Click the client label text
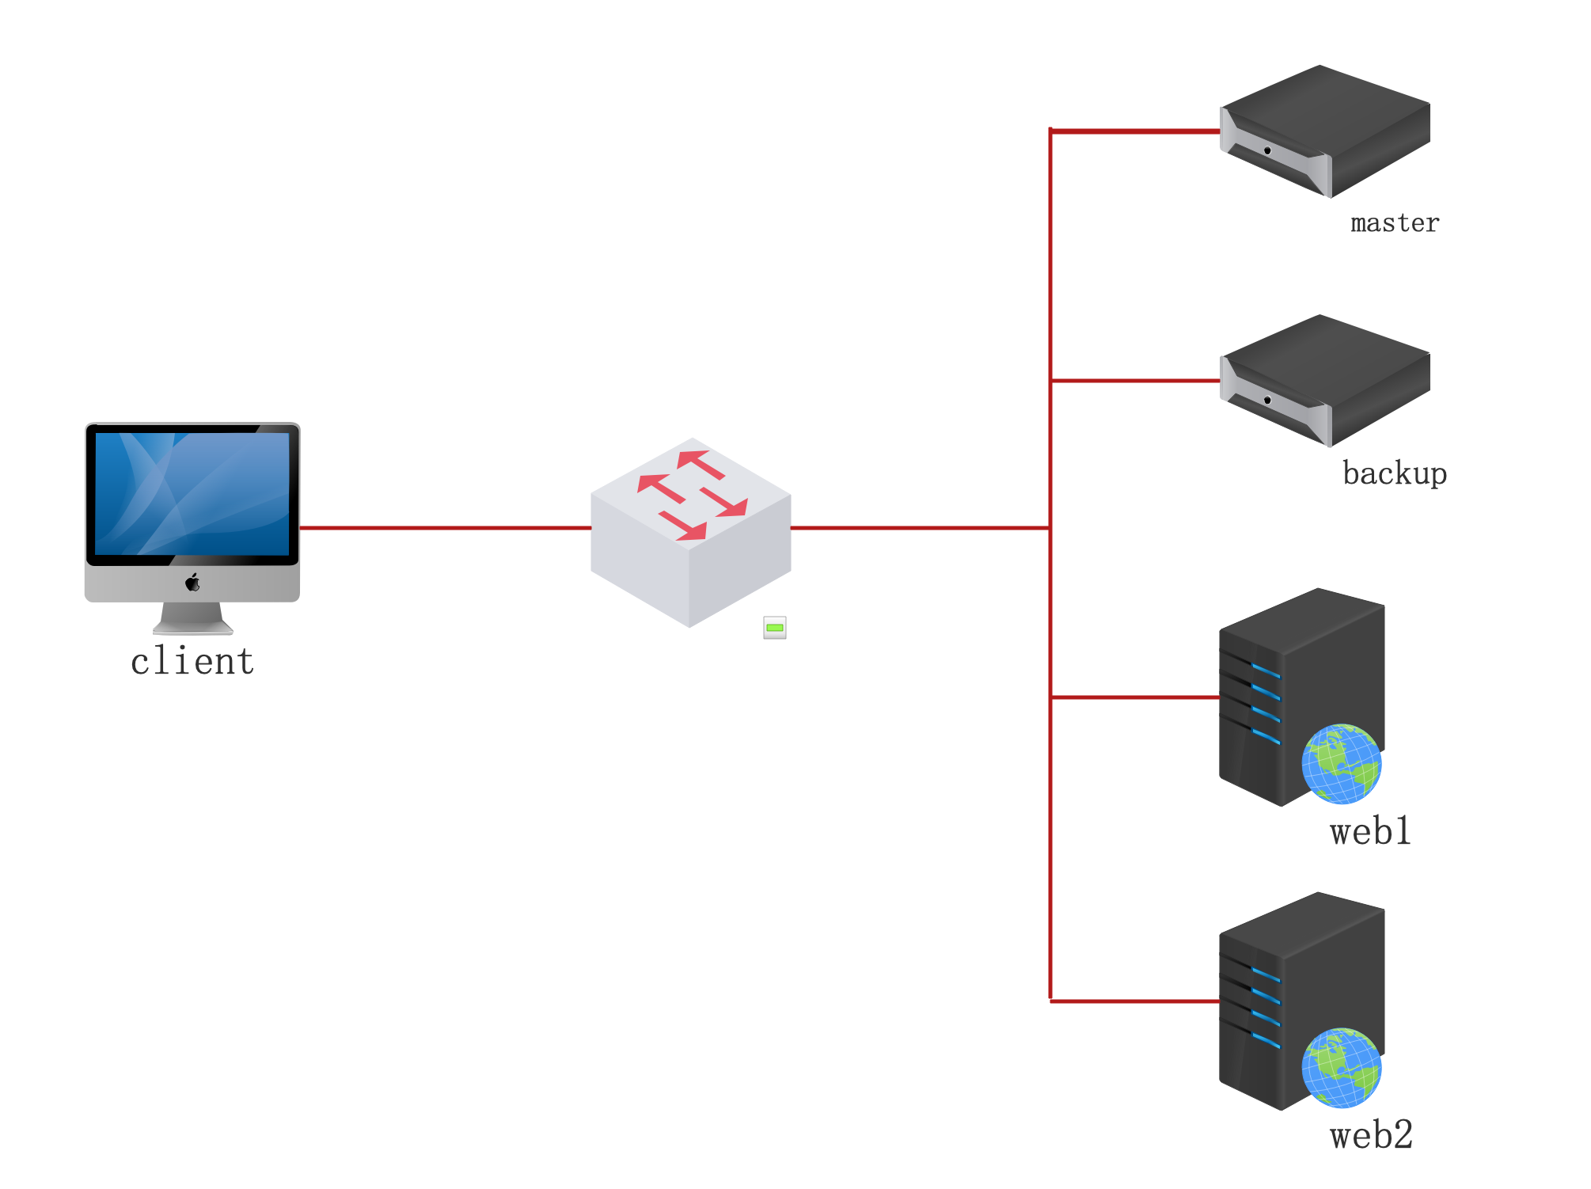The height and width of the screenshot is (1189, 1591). coord(192,662)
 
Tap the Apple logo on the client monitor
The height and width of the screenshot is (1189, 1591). coord(192,583)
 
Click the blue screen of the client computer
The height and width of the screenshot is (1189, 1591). coord(192,493)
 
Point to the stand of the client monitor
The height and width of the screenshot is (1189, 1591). coord(192,618)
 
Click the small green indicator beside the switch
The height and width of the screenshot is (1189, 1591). coord(775,628)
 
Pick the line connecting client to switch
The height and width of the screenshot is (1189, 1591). coord(445,527)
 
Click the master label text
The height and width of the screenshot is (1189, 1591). coord(1395,223)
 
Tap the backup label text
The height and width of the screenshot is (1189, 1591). coord(1395,473)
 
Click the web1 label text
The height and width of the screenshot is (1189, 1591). coord(1371,832)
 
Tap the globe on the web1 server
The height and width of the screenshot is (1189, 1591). coord(1342,764)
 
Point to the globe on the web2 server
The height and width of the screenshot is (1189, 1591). coord(1342,1068)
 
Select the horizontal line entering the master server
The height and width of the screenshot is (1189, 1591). coord(1135,131)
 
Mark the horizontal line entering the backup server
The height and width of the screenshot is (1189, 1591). coord(1135,381)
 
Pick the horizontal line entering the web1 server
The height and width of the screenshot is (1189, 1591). coord(1135,697)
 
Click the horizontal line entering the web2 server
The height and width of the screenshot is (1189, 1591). coord(1135,1001)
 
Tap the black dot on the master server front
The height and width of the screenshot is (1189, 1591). coord(1267,150)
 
